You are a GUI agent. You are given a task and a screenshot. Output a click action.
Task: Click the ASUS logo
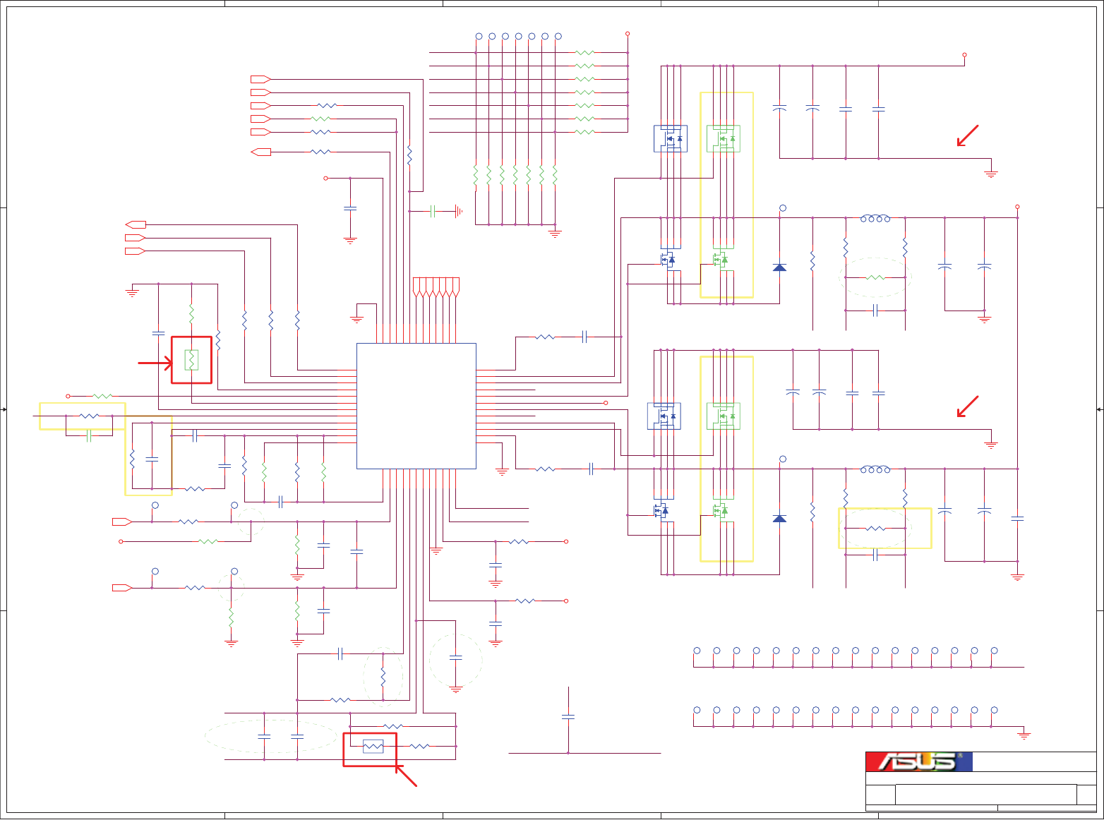(918, 761)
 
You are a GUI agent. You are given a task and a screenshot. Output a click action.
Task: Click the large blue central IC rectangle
(416, 406)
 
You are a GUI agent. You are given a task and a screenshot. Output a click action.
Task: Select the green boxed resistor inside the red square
(191, 360)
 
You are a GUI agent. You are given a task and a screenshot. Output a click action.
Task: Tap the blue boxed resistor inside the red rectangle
(373, 746)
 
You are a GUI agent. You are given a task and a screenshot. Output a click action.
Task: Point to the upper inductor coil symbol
(875, 218)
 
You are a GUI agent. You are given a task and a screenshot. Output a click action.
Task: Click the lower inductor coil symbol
(875, 469)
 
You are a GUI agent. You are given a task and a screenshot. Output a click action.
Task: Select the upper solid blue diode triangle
(779, 267)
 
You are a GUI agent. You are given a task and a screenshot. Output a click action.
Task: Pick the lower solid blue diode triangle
(779, 519)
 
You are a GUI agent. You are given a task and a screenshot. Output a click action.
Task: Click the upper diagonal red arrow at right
(967, 135)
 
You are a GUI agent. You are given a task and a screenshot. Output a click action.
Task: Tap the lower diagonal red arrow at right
(967, 406)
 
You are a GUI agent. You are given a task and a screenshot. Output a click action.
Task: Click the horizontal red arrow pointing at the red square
(155, 363)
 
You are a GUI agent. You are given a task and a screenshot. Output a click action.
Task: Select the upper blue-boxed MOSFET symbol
(670, 138)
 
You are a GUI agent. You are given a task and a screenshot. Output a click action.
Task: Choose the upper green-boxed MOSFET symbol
(724, 138)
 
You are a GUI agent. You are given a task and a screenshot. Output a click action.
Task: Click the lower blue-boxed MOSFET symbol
(664, 416)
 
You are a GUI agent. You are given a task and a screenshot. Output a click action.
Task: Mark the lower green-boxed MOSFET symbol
(724, 416)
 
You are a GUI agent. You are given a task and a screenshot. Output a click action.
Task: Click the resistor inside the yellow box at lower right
(875, 528)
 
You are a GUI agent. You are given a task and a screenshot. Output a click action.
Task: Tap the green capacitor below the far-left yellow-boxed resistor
(89, 436)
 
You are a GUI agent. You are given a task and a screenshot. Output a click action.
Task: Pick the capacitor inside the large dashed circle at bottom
(455, 658)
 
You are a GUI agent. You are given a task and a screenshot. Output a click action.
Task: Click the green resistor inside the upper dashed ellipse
(875, 277)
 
